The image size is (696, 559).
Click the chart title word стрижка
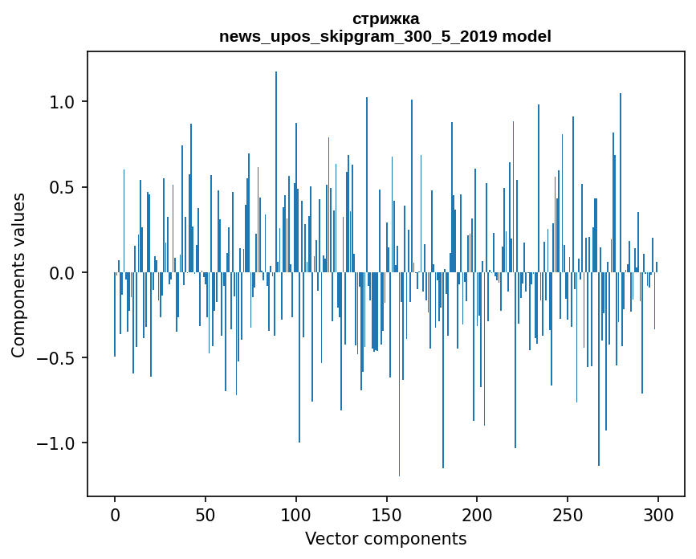coord(385,18)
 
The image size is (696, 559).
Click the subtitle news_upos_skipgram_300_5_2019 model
coord(385,36)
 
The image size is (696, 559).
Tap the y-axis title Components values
coord(18,275)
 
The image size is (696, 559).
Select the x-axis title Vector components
coord(385,538)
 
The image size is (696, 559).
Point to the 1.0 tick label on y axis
coord(63,102)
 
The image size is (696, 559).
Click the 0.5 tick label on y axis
coord(63,187)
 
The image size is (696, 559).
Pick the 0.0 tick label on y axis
coord(63,273)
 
